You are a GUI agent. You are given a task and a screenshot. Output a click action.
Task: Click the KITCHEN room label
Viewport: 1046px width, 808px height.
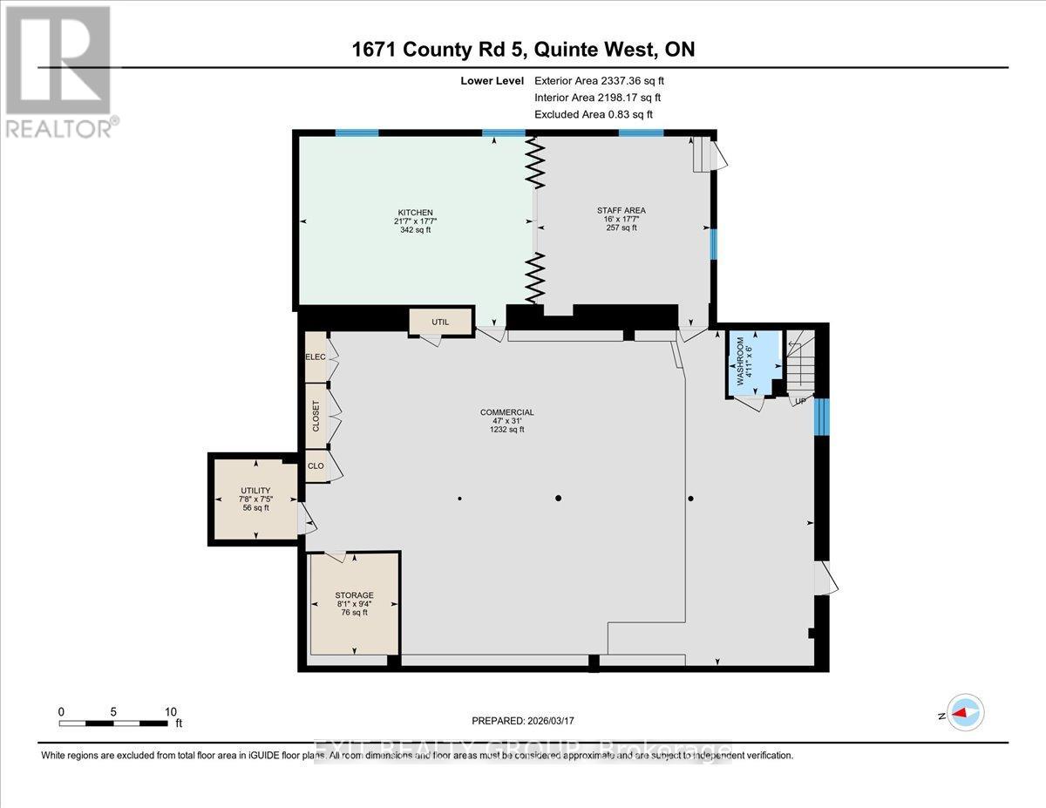coord(414,213)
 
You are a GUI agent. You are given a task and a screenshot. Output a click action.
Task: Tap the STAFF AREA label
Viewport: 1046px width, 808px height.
coord(621,210)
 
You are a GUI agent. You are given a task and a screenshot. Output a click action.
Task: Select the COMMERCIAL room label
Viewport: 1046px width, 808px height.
coord(506,412)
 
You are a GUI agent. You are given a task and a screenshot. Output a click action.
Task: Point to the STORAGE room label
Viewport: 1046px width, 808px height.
coord(354,595)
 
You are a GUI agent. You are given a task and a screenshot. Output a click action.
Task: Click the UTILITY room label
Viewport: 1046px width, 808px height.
coord(255,491)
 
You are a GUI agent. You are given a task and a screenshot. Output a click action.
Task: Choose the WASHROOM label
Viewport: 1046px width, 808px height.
coord(742,361)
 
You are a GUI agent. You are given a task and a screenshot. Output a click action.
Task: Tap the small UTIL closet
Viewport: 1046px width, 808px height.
coord(440,322)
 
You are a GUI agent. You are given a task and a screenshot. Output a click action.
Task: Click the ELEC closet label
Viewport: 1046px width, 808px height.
coord(315,357)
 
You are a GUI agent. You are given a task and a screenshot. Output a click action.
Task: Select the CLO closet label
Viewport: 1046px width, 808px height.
coord(316,466)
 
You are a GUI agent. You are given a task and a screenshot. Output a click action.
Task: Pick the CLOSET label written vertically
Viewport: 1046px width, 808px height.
coord(316,417)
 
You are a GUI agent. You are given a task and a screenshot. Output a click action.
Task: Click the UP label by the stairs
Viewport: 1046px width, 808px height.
coord(799,402)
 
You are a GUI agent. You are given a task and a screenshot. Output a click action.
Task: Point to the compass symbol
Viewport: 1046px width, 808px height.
coord(964,714)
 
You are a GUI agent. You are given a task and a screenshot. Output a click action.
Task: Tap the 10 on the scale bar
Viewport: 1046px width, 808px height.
coord(171,711)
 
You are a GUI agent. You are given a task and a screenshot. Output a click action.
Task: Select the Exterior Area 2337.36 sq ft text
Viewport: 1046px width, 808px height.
coord(605,80)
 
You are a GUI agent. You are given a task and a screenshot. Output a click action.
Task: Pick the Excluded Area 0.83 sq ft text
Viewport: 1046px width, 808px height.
coord(593,114)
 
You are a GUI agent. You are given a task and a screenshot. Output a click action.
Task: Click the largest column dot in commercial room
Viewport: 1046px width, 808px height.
coord(559,499)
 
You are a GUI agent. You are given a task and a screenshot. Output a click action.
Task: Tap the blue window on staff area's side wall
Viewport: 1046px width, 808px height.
coord(713,245)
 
